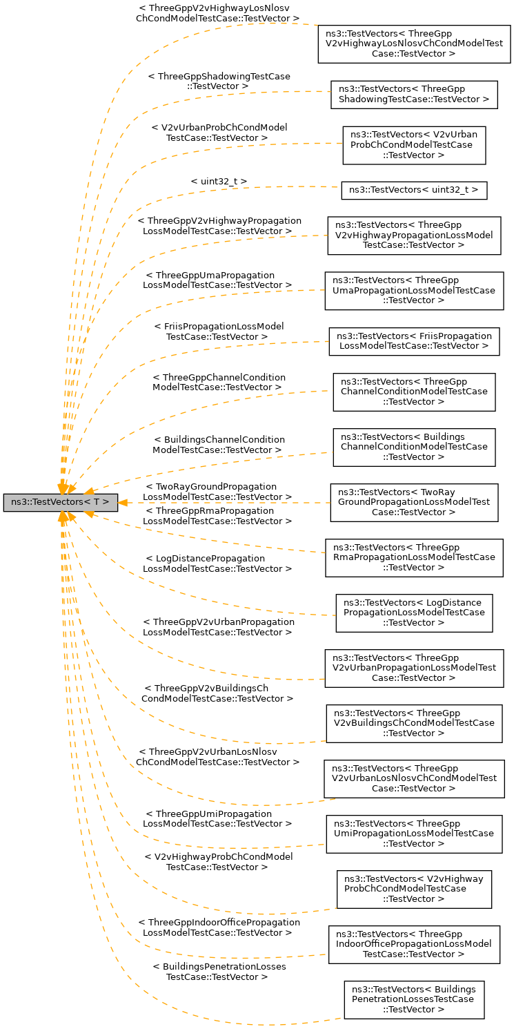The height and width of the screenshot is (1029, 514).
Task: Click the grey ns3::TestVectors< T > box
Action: (x=60, y=503)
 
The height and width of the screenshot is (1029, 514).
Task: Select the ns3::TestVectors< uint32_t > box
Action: (x=414, y=190)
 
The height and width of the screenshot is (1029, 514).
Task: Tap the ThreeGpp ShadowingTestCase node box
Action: (x=414, y=95)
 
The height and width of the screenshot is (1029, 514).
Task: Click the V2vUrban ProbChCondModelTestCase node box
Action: (x=414, y=144)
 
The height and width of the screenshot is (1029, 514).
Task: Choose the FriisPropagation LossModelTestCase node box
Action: (x=414, y=341)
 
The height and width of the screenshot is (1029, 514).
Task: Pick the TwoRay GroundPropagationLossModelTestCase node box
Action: (x=414, y=503)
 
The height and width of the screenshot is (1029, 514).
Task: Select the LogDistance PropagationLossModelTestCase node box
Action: (x=414, y=613)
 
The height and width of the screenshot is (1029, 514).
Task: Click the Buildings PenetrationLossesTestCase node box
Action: (x=414, y=999)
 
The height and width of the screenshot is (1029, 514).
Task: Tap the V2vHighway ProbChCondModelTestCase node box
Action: (x=414, y=889)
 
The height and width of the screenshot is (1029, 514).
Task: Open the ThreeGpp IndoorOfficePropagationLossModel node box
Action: (x=414, y=944)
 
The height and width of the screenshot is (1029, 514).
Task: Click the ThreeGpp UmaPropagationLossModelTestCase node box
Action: (x=414, y=290)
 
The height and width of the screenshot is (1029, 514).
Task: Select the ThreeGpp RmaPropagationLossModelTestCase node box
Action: (x=414, y=557)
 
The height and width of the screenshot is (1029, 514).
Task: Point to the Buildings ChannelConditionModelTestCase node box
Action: (x=414, y=447)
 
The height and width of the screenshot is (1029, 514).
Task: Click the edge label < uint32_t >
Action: (x=219, y=181)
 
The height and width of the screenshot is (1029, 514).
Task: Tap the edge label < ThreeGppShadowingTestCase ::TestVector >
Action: (x=219, y=81)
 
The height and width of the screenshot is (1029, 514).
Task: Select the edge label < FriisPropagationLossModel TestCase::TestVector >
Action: (x=219, y=331)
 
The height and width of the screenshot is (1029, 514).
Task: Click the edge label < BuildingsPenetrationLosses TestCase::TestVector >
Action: (x=219, y=972)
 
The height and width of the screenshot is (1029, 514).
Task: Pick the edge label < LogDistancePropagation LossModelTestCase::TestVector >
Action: (x=217, y=563)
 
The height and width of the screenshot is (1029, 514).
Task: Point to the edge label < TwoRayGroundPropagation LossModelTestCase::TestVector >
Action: (x=217, y=492)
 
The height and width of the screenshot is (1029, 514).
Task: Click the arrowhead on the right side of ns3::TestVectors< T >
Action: (x=123, y=502)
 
